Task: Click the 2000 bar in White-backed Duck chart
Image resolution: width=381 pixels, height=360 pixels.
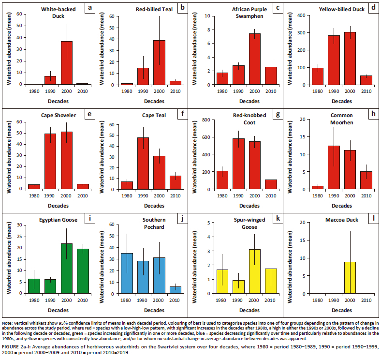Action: (x=67, y=63)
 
